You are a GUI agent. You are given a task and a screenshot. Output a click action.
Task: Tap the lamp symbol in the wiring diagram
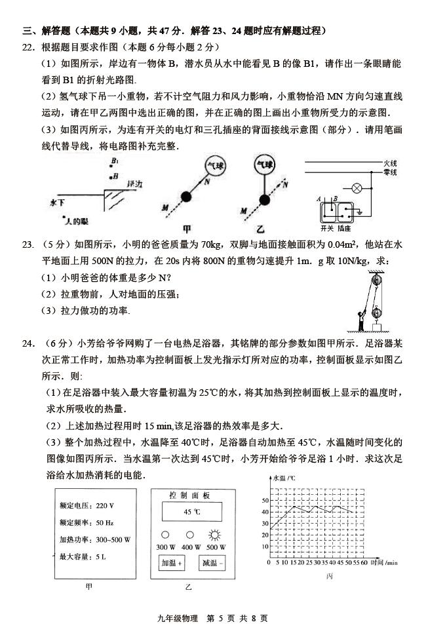pyautogui.click(x=358, y=187)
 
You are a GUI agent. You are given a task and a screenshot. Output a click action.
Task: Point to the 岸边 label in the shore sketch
pyautogui.click(x=136, y=184)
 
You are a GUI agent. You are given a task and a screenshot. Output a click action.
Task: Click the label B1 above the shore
pyautogui.click(x=115, y=161)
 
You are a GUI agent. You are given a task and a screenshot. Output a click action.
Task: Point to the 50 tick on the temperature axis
pyautogui.click(x=265, y=500)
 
